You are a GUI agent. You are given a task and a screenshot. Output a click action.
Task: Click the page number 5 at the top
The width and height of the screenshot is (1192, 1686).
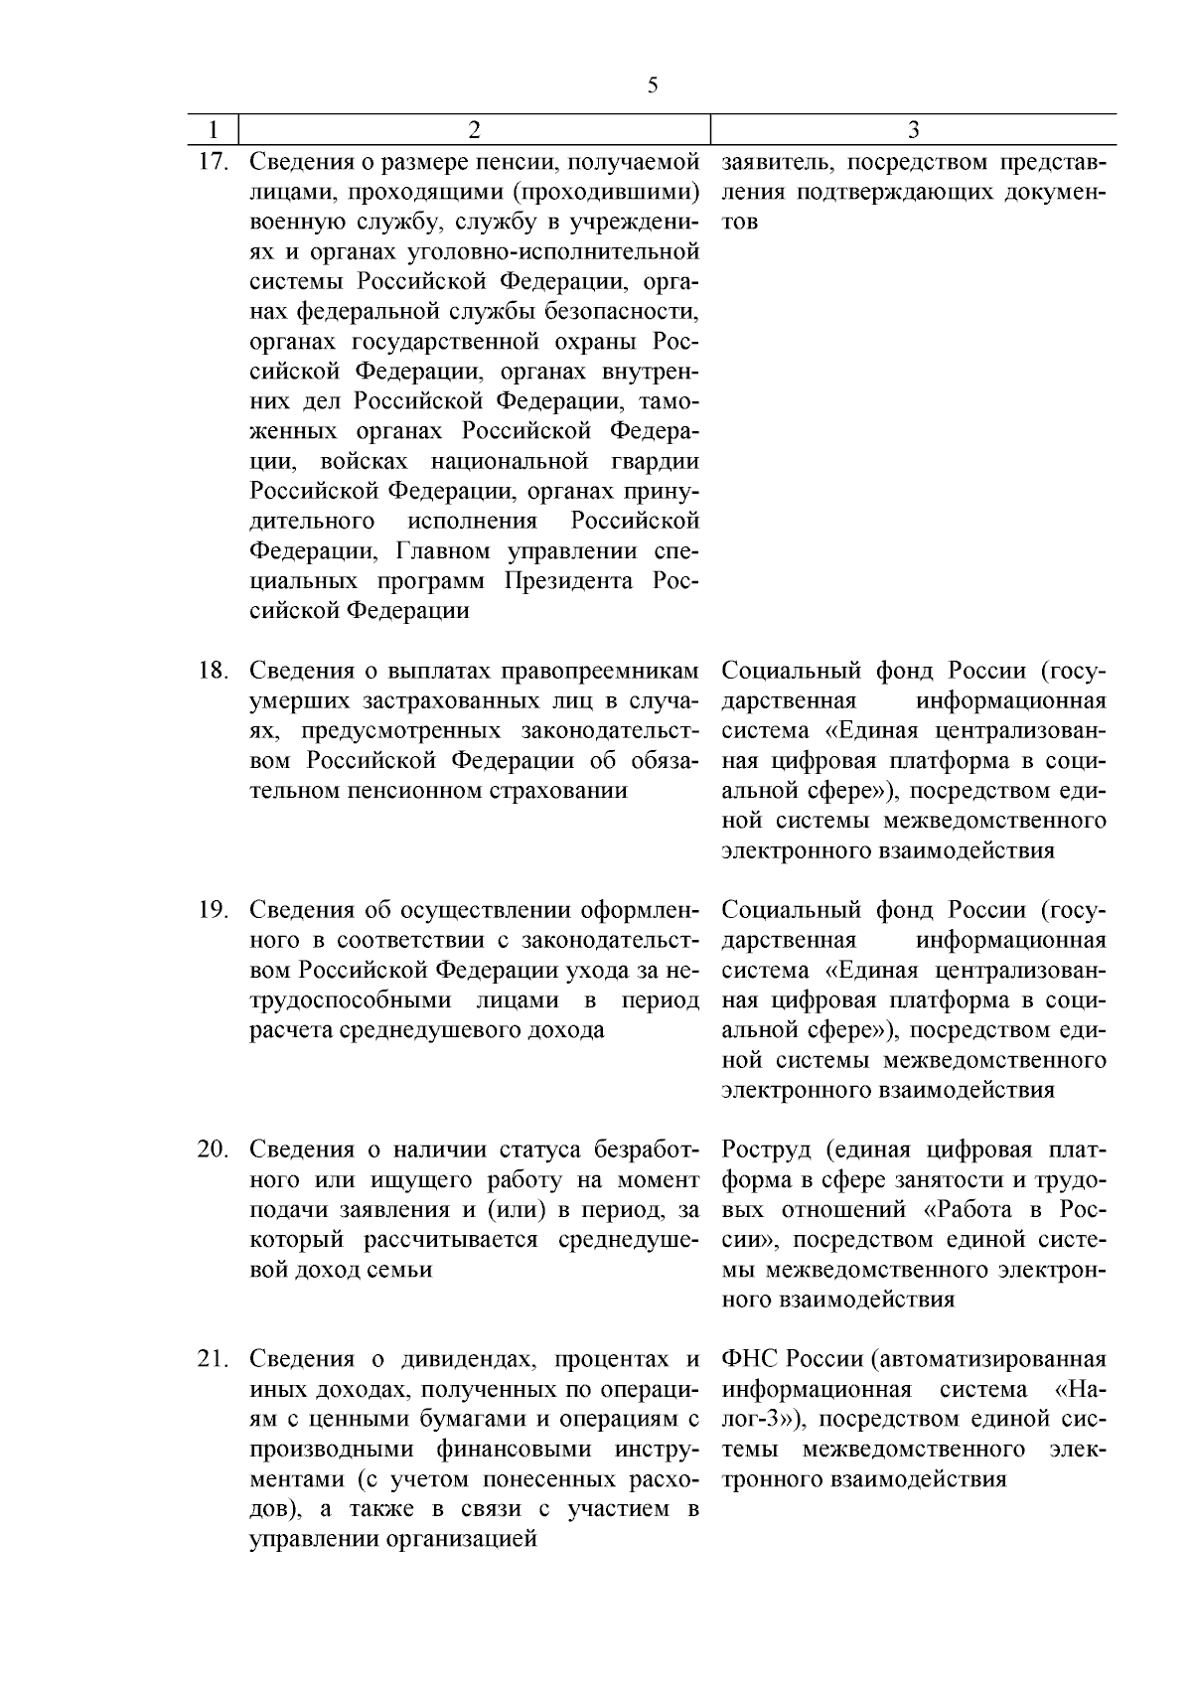pos(652,85)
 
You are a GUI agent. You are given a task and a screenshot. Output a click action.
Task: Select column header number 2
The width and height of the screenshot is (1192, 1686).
pos(474,130)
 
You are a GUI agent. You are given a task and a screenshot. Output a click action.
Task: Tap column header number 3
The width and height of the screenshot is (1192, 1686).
pos(914,130)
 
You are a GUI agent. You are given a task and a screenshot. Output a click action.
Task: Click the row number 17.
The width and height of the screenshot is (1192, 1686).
pos(215,161)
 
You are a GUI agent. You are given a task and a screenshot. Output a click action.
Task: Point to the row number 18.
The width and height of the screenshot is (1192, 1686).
pos(215,671)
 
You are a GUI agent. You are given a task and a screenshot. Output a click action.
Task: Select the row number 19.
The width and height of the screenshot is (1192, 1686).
pos(215,910)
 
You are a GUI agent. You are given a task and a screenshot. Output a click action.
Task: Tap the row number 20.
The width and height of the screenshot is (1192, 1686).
pos(215,1150)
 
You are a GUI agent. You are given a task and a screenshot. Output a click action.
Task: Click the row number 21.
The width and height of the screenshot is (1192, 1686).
pos(215,1359)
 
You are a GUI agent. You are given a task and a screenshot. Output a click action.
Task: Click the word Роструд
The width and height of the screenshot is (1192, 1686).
pos(767,1150)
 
